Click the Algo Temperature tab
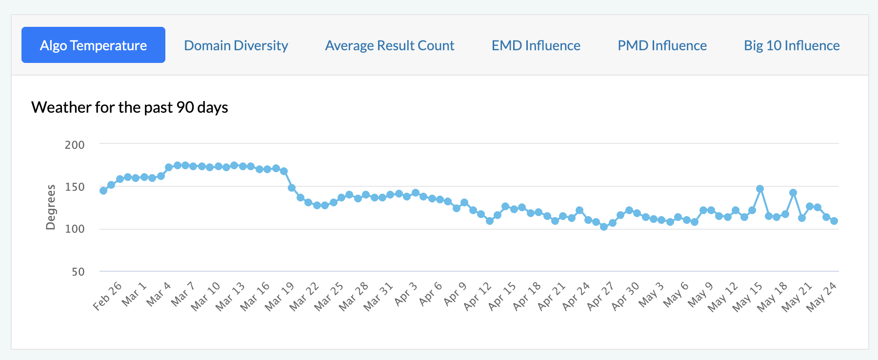(x=93, y=45)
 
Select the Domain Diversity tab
(x=236, y=45)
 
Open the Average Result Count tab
(x=390, y=45)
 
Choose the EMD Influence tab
(x=536, y=45)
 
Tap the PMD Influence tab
(x=662, y=45)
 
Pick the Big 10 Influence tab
(x=792, y=45)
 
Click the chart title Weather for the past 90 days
(x=130, y=107)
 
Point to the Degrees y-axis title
(x=50, y=207)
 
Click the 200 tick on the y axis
(x=75, y=145)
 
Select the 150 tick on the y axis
(x=75, y=187)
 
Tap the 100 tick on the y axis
(x=75, y=229)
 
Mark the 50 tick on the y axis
(x=78, y=272)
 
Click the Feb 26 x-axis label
(x=107, y=296)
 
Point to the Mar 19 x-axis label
(x=279, y=296)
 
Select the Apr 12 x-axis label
(x=478, y=296)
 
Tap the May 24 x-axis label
(x=821, y=296)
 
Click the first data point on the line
(x=103, y=191)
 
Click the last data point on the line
(x=834, y=221)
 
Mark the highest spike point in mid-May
(x=760, y=189)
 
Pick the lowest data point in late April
(x=604, y=227)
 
